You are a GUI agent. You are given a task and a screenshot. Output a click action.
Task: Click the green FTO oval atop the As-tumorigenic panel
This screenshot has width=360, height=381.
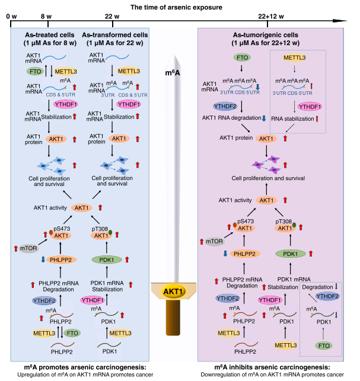(242, 57)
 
